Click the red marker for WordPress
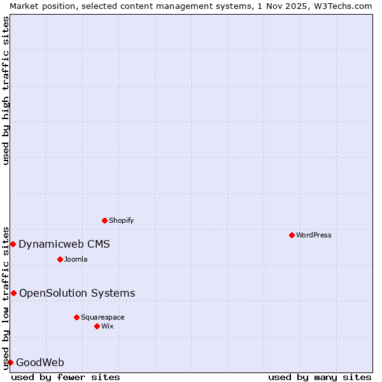click(x=292, y=235)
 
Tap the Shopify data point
click(x=105, y=220)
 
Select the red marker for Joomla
click(x=60, y=259)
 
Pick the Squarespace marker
click(x=76, y=317)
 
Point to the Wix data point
click(x=97, y=326)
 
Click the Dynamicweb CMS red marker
click(x=13, y=244)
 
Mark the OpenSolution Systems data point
click(x=13, y=293)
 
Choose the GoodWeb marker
click(x=10, y=362)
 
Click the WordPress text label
click(x=314, y=235)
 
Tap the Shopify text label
click(x=122, y=220)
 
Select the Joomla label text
click(x=76, y=259)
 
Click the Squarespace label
click(x=103, y=317)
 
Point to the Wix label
click(x=108, y=326)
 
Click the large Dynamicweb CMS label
click(x=64, y=244)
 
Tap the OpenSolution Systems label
click(x=77, y=293)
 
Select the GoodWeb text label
click(x=40, y=362)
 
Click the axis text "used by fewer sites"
click(x=66, y=377)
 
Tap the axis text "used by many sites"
click(x=320, y=377)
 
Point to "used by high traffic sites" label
click(x=6, y=90)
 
